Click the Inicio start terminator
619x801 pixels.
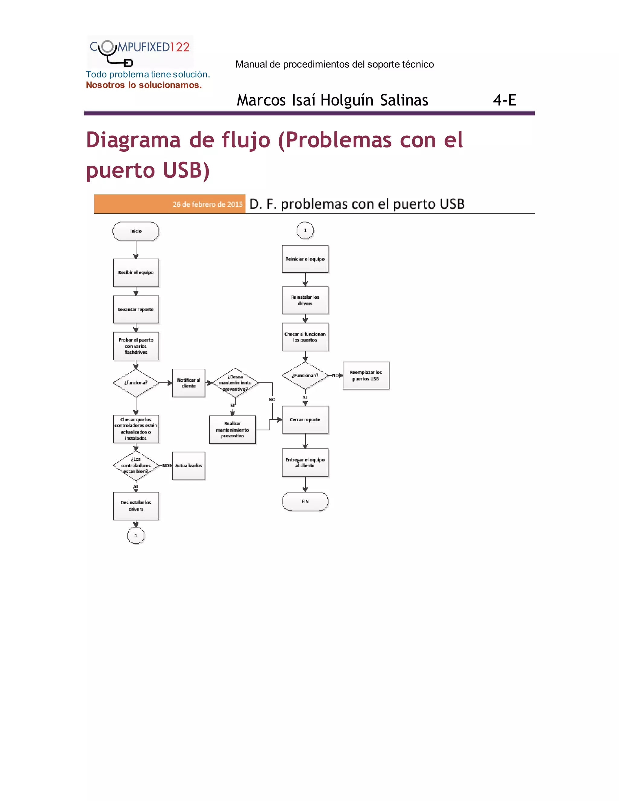point(136,231)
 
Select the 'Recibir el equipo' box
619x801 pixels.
point(136,273)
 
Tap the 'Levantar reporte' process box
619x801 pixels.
point(136,309)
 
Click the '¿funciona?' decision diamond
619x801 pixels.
point(136,383)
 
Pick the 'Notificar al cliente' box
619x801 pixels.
point(189,383)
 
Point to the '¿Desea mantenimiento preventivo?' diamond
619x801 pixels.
point(235,383)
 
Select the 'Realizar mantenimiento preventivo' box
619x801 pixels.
point(232,430)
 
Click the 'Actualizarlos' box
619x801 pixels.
point(189,465)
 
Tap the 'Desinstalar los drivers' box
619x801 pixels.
point(136,506)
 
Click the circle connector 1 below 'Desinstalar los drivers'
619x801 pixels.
point(136,536)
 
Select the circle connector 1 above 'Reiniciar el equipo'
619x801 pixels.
point(305,230)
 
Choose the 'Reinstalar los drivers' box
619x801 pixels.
point(305,300)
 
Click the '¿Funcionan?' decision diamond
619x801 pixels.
point(305,375)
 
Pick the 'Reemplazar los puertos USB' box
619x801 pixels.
point(366,375)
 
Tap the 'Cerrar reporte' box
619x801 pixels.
point(305,420)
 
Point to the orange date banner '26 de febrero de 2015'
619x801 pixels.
point(170,204)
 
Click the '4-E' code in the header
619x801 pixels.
point(504,100)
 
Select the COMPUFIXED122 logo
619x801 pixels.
point(140,51)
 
